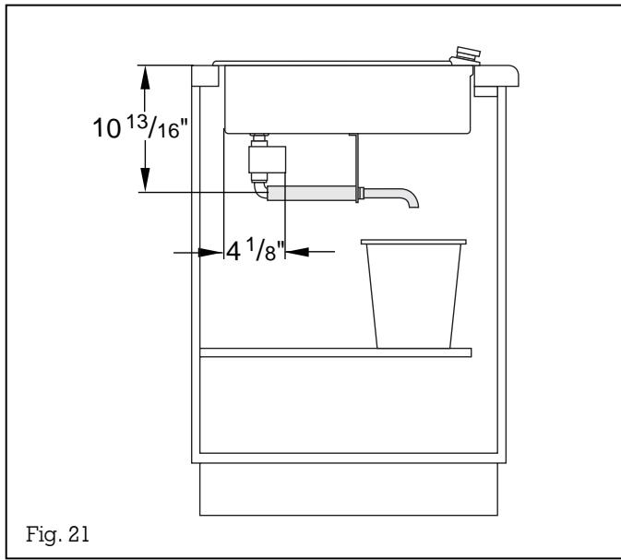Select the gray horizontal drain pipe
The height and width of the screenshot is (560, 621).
click(314, 193)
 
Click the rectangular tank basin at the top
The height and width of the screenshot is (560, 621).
click(351, 97)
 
